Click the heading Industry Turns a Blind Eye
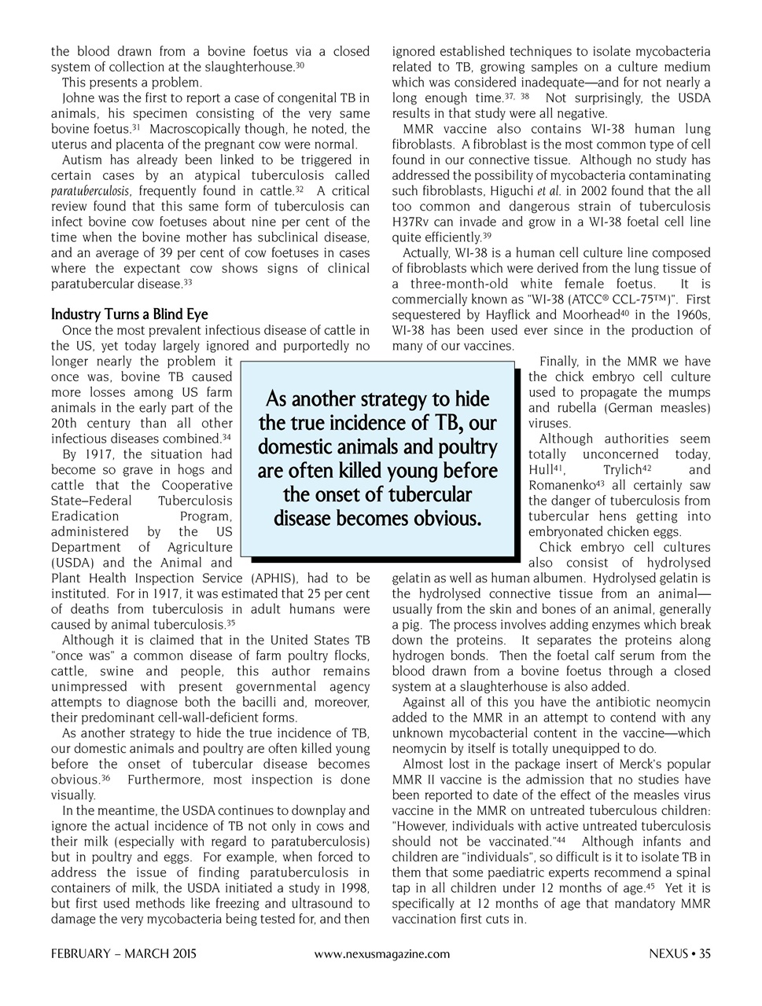pyautogui.click(x=130, y=314)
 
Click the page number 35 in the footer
pyautogui.click(x=705, y=954)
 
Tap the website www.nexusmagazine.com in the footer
pyautogui.click(x=381, y=954)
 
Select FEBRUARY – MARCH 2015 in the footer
pyautogui.click(x=123, y=954)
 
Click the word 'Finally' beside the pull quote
pyautogui.click(x=559, y=362)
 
